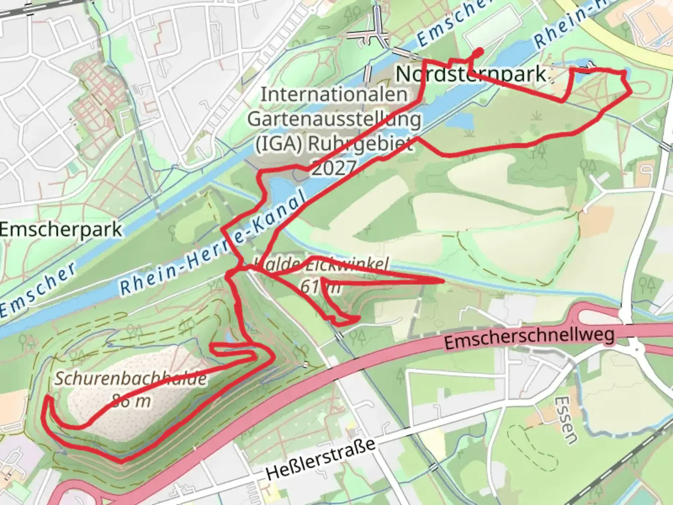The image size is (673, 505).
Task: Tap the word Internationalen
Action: tap(334, 94)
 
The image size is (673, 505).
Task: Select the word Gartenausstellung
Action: tap(334, 119)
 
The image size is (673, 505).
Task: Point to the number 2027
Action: tap(334, 167)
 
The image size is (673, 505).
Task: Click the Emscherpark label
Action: tap(61, 230)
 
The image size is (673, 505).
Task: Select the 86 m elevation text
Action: tap(131, 401)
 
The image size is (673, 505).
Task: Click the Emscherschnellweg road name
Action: tap(529, 338)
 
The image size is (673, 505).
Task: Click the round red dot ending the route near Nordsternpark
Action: tap(478, 51)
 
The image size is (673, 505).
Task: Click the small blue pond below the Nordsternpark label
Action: tap(460, 121)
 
